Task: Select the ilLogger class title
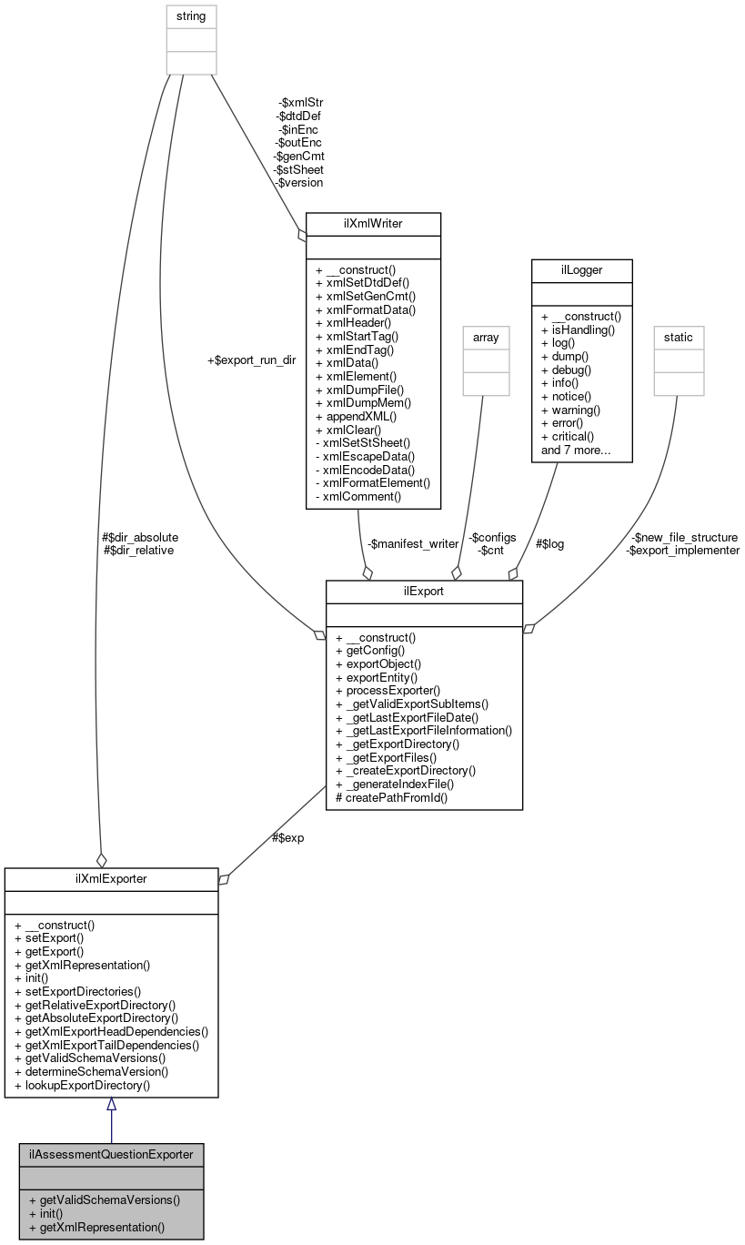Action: [581, 270]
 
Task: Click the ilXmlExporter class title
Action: [111, 879]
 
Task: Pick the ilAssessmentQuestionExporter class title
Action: [111, 1154]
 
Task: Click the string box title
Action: [191, 15]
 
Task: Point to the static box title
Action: [678, 337]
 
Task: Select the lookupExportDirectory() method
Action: [83, 1085]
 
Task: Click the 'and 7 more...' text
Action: [577, 450]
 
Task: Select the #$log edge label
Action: [549, 543]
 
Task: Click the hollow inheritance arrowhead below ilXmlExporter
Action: [111, 1105]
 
